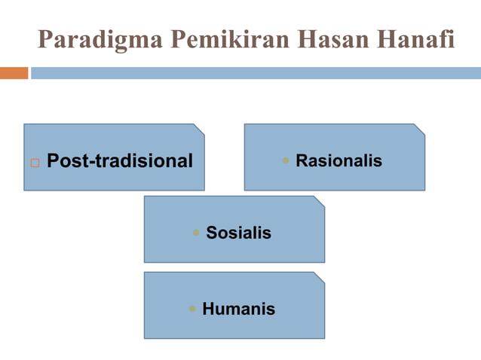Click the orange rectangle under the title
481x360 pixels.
(14, 73)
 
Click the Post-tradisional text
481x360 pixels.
(120, 161)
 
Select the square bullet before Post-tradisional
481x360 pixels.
(35, 163)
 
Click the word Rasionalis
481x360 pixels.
(339, 160)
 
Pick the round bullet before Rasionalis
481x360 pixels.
(285, 160)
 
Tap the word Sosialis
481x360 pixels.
(238, 233)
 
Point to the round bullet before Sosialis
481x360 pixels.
(195, 233)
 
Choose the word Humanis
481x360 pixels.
(238, 309)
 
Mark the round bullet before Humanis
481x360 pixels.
(192, 309)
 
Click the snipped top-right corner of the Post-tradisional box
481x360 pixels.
(200, 129)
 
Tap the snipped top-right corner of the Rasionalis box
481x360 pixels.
(420, 129)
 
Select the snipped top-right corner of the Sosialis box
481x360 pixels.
(320, 201)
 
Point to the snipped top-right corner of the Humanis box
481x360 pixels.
(320, 277)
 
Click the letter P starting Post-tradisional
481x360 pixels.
(53, 161)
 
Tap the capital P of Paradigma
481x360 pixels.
(46, 39)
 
